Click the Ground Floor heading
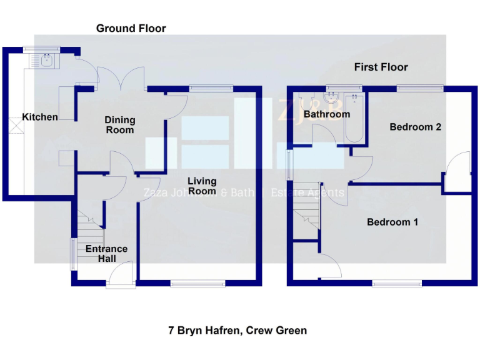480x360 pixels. (x=131, y=28)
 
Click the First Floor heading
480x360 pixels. (x=381, y=67)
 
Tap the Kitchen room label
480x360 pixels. (x=40, y=117)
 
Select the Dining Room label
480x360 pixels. (x=119, y=125)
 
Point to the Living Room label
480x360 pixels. (x=202, y=186)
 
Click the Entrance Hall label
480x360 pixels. (x=106, y=253)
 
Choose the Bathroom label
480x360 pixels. (x=326, y=114)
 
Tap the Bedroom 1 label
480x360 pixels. (x=392, y=222)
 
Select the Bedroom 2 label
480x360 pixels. (x=416, y=127)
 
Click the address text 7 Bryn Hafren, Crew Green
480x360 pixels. (x=237, y=330)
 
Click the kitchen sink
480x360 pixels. (x=46, y=60)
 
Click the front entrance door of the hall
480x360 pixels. (x=121, y=275)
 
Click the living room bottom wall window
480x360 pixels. (x=198, y=284)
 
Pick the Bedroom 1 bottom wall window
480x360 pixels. (x=397, y=284)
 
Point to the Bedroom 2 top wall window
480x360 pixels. (x=419, y=88)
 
